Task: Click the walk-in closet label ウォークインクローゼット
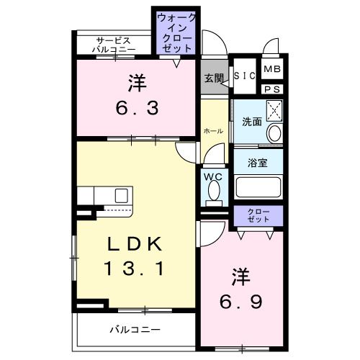[176, 32]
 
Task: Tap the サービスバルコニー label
[113, 45]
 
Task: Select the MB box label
[271, 69]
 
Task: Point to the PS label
[271, 89]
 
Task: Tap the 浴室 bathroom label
[258, 162]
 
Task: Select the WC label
[213, 175]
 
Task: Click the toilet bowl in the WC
[214, 191]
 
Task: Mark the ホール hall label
[212, 131]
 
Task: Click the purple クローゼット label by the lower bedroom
[258, 215]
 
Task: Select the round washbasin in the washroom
[274, 134]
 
